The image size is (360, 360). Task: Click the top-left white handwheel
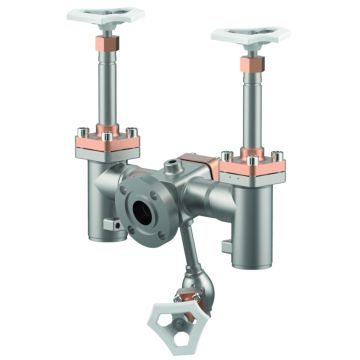click(105, 15)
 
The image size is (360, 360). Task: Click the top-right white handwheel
click(250, 35)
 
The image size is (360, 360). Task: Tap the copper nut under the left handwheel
click(106, 48)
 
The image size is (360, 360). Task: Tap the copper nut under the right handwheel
click(249, 68)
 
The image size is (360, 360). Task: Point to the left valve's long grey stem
click(107, 90)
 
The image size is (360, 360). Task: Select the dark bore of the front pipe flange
click(140, 212)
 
